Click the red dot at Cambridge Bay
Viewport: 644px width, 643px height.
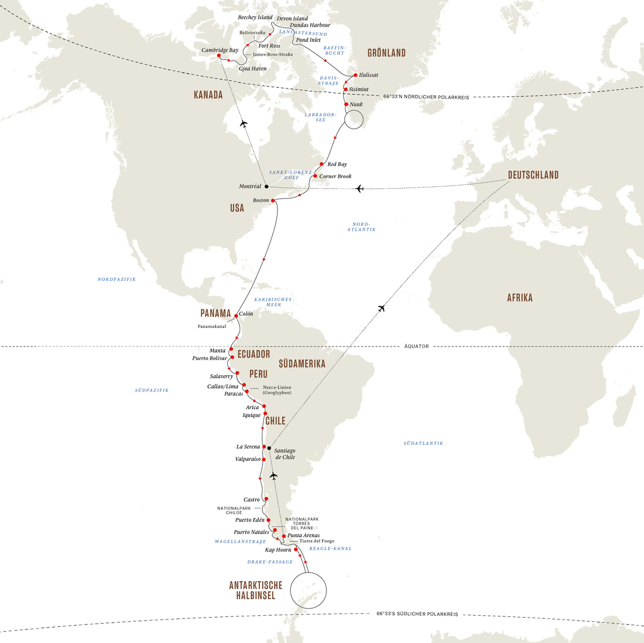click(x=219, y=56)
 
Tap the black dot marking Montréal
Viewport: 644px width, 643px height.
click(x=266, y=186)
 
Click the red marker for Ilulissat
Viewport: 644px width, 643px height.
click(x=355, y=75)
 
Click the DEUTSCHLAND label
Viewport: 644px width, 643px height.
click(x=533, y=175)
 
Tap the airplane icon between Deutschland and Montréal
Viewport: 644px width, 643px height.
click(x=360, y=188)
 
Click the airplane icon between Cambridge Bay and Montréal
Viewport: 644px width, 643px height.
click(x=243, y=124)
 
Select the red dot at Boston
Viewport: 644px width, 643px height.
click(x=273, y=201)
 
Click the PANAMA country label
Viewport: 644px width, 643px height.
click(x=215, y=313)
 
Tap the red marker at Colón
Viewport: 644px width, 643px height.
click(x=236, y=316)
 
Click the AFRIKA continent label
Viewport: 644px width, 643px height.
click(x=520, y=298)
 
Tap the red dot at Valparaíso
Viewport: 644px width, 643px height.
click(x=263, y=460)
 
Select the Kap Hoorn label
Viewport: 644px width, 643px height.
click(x=278, y=550)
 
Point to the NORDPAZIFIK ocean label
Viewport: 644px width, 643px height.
click(x=116, y=279)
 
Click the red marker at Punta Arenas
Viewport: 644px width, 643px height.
click(x=283, y=536)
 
